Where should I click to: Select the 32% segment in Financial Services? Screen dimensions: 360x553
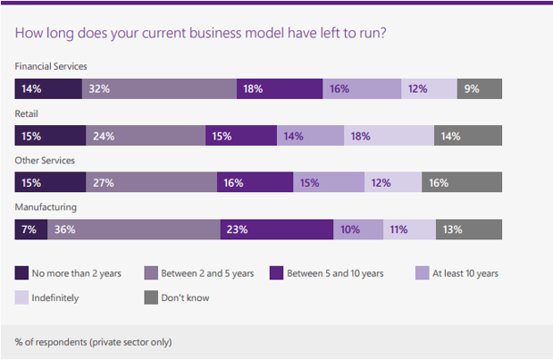(x=159, y=88)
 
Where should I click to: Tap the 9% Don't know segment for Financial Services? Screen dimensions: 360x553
(x=479, y=88)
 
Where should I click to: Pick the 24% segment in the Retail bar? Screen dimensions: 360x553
(x=146, y=136)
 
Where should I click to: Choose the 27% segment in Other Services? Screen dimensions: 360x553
(x=152, y=182)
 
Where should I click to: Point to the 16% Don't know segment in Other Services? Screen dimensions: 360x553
(x=462, y=182)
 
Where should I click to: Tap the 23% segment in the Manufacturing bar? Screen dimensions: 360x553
(x=276, y=230)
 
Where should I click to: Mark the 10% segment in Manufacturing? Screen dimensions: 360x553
(x=358, y=230)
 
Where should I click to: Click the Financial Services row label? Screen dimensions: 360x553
(x=51, y=67)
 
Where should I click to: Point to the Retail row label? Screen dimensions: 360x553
(x=28, y=114)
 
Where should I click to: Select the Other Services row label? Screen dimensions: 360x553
(x=45, y=161)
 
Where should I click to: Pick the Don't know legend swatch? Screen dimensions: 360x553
(x=150, y=297)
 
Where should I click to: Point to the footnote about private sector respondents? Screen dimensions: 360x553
(x=93, y=341)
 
